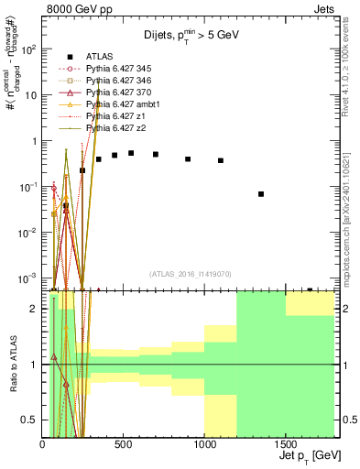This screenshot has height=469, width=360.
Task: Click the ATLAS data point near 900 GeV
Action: [x=188, y=158]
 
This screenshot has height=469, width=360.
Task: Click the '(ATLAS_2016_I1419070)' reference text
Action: [x=191, y=274]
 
